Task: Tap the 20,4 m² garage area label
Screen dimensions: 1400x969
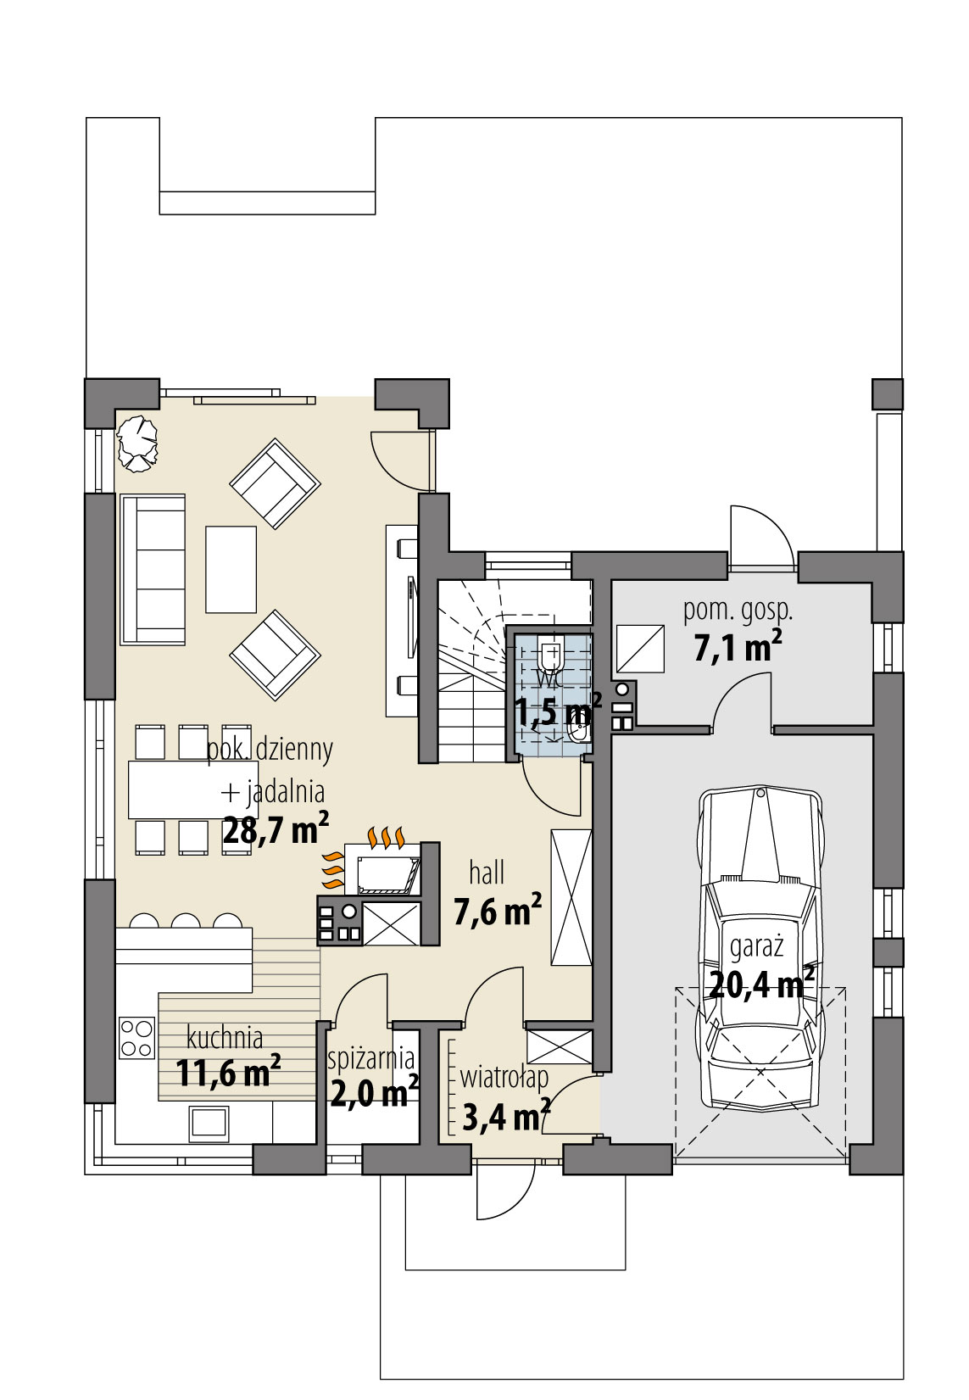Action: [760, 984]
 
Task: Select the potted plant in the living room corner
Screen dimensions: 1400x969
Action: [137, 442]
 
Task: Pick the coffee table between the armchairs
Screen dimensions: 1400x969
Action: [231, 569]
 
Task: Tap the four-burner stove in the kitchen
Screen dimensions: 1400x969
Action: [136, 1037]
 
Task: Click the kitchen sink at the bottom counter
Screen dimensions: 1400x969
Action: [209, 1122]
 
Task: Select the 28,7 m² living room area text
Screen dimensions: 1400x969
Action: [275, 830]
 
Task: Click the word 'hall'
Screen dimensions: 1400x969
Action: [487, 873]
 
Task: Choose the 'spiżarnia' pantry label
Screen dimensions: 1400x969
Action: [372, 1059]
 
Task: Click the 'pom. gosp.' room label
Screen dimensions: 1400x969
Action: [738, 610]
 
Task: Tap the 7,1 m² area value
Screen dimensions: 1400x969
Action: [737, 649]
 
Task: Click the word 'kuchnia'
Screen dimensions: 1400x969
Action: [225, 1037]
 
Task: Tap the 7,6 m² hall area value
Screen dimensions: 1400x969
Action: [498, 912]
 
